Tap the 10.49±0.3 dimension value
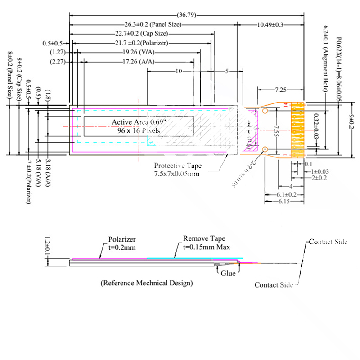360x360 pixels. click(x=270, y=24)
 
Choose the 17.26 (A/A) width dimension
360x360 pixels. click(x=135, y=62)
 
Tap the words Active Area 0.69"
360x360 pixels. click(x=139, y=122)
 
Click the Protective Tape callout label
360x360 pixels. click(x=176, y=166)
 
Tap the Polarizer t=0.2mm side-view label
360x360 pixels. click(x=122, y=243)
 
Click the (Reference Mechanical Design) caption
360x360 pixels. click(x=146, y=283)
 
